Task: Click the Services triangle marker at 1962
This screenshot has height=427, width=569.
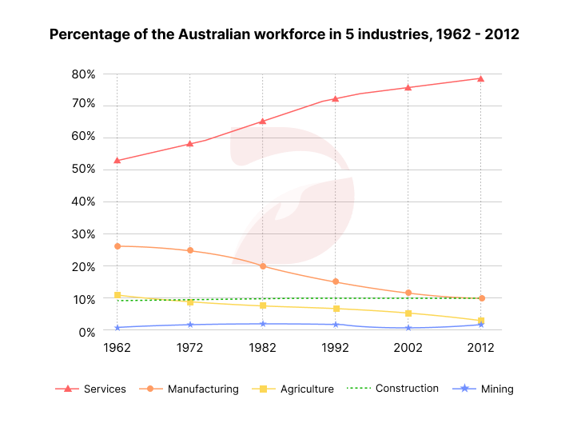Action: tap(117, 160)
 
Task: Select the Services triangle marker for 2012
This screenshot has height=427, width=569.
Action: tap(480, 78)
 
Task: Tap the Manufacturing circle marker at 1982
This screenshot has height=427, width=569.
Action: tap(263, 265)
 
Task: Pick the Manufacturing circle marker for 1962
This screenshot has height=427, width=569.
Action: tap(117, 246)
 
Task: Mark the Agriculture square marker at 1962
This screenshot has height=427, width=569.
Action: tap(117, 295)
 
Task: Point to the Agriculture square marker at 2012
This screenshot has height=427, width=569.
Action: tap(480, 321)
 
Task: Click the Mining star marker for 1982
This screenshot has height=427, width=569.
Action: tap(263, 324)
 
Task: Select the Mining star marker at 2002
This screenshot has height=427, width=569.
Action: tap(408, 328)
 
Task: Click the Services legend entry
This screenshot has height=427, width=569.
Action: tap(90, 389)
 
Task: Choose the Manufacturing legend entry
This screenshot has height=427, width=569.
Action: tap(191, 389)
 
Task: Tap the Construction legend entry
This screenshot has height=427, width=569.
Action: tap(393, 389)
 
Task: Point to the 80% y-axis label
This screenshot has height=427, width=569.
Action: tap(83, 74)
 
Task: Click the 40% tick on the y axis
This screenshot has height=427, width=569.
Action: tap(83, 202)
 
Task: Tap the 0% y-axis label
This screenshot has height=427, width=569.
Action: tap(86, 331)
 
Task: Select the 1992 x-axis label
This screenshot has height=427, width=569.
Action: tap(335, 349)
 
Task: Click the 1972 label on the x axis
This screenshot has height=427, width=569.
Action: tap(189, 349)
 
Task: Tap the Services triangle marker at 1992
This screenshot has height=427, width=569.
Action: tap(335, 99)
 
